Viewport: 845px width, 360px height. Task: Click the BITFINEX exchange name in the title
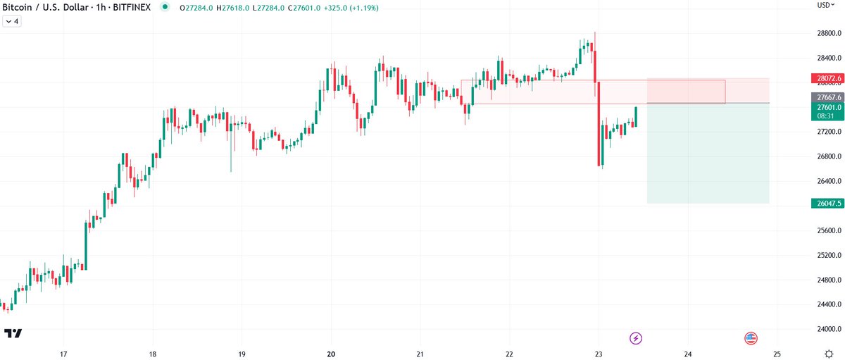pyautogui.click(x=130, y=7)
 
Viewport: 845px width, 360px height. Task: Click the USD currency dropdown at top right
pyautogui.click(x=825, y=5)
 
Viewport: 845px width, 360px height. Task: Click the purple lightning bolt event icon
pyautogui.click(x=636, y=338)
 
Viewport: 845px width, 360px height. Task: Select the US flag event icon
pyautogui.click(x=751, y=338)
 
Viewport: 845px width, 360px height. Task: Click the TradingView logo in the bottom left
pyautogui.click(x=13, y=333)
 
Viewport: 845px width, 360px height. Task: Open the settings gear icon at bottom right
pyautogui.click(x=830, y=353)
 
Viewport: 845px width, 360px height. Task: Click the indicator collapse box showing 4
pyautogui.click(x=13, y=21)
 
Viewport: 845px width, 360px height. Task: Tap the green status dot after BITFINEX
pyautogui.click(x=165, y=7)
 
